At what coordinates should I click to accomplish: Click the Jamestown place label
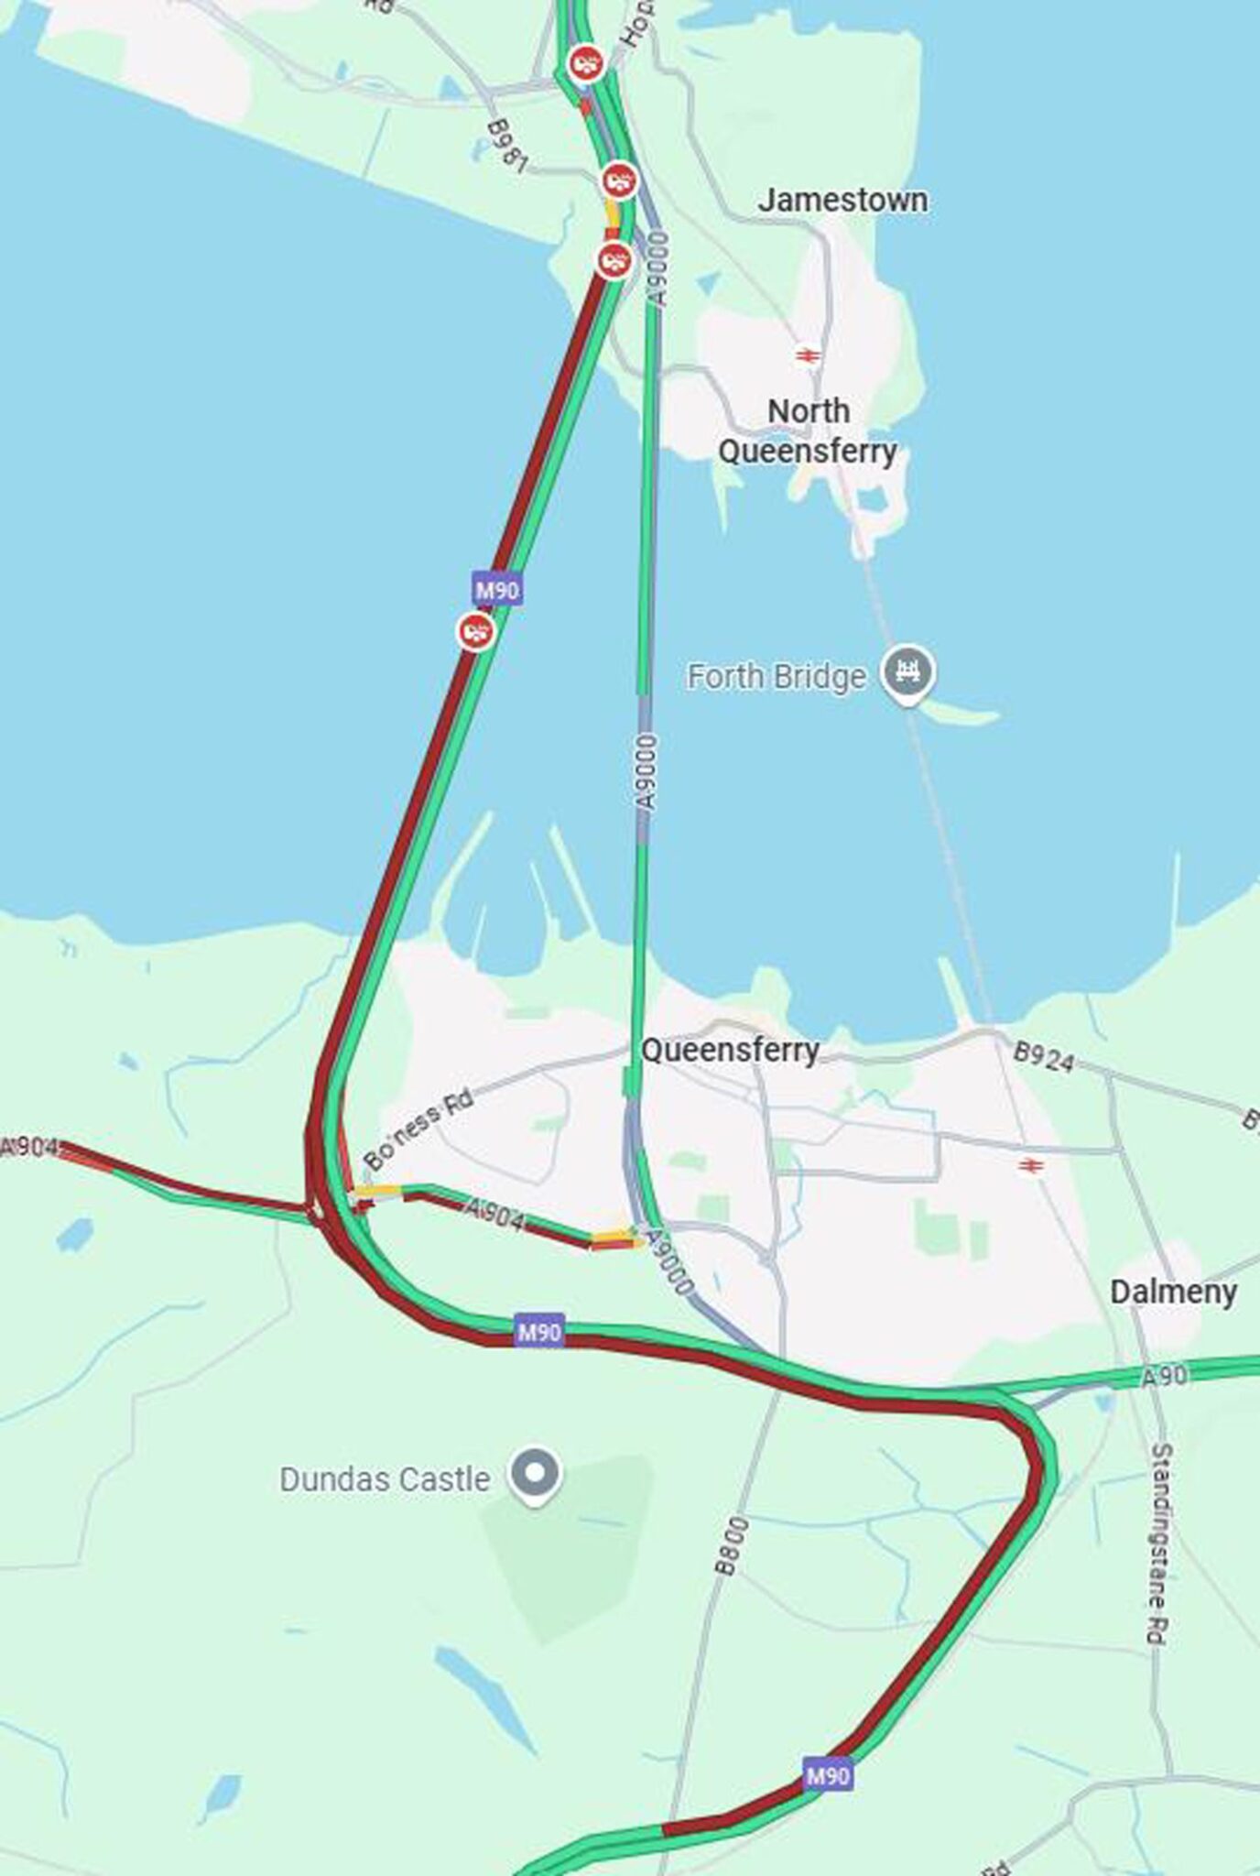842,200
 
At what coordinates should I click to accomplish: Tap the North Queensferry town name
808,431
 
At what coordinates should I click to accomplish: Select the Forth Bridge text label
776,677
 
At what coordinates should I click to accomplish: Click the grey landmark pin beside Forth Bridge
907,672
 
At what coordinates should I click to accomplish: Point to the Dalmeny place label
1173,1292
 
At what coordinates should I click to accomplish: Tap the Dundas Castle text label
385,1479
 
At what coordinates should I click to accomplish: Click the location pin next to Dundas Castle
536,1473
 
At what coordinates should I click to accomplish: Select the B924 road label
1043,1057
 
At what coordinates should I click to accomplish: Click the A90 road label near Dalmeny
1164,1375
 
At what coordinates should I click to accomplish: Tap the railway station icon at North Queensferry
807,354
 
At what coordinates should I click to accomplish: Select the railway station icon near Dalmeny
1031,1165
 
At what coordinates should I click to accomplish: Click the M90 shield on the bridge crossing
497,590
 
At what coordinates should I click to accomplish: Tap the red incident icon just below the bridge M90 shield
476,631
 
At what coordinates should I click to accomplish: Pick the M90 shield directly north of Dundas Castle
539,1331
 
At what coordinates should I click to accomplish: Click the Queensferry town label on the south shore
729,1051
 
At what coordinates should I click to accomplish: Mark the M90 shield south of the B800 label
828,1776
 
